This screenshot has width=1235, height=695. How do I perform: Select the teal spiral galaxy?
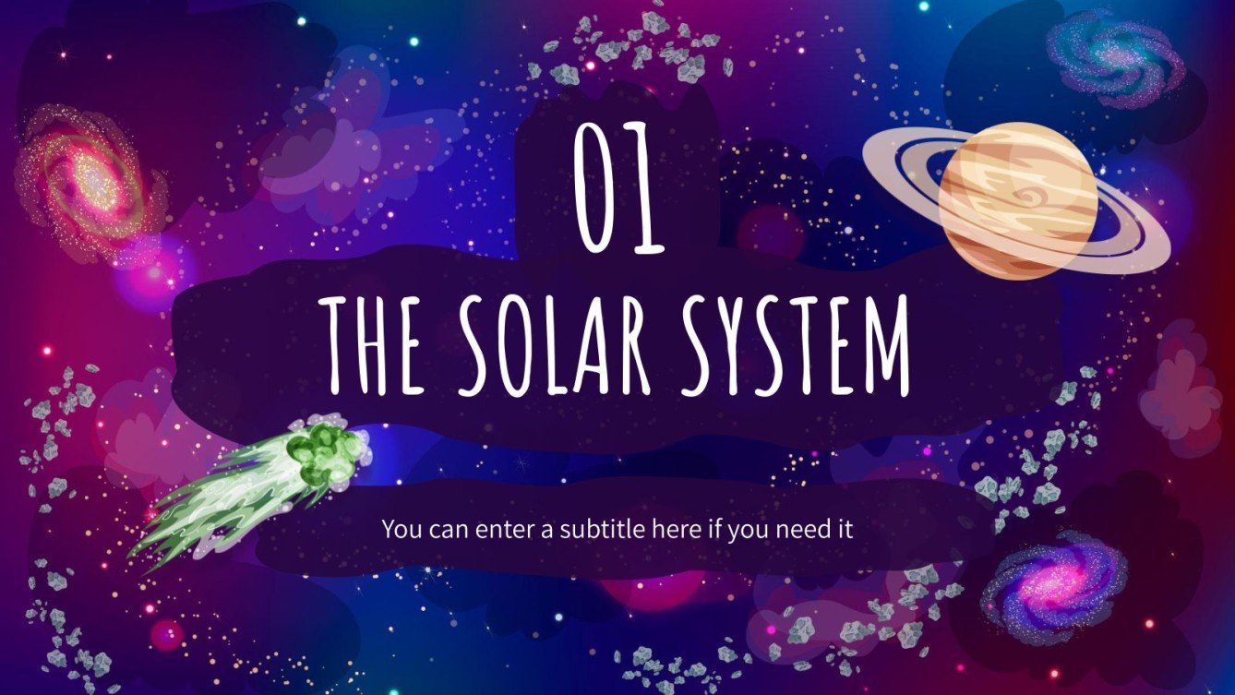coord(1114,57)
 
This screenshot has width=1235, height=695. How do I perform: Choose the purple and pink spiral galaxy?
coord(1052,585)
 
